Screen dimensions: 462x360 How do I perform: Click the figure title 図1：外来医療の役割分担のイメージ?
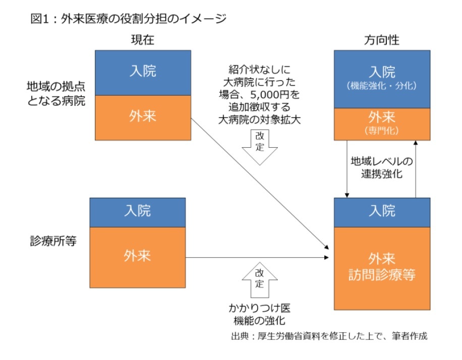tap(129, 19)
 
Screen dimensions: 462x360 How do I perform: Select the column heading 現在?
tap(143, 40)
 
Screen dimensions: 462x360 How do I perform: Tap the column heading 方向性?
tap(382, 40)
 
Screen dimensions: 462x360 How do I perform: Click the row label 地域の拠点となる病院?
tap(56, 93)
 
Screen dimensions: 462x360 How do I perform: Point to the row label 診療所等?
tap(53, 241)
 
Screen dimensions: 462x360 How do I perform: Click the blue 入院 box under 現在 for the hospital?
tap(143, 73)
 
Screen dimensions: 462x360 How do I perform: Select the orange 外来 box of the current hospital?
tap(143, 117)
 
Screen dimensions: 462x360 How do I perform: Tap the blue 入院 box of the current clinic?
tap(138, 212)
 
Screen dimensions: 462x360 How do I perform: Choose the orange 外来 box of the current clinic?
tap(138, 258)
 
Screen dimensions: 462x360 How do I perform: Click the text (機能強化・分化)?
tap(382, 86)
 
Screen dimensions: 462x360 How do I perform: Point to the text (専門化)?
tap(382, 131)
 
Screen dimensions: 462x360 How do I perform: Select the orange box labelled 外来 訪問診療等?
tap(382, 268)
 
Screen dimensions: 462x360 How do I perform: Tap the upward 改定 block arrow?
tap(260, 280)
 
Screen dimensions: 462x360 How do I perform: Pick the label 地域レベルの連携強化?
tap(382, 167)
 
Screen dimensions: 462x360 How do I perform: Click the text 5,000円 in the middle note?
tap(265, 95)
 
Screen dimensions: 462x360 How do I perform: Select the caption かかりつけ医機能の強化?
tap(260, 314)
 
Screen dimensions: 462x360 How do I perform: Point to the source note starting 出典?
tap(329, 336)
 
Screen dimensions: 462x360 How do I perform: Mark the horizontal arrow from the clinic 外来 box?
tap(257, 258)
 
